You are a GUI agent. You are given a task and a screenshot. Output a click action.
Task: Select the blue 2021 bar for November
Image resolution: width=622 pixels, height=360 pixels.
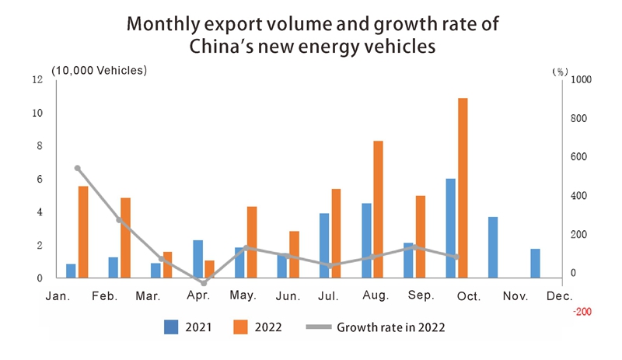[493, 247]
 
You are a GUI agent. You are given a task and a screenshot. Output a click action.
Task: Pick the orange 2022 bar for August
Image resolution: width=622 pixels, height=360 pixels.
[379, 209]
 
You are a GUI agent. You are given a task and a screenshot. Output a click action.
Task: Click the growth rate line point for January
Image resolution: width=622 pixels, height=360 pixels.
[77, 168]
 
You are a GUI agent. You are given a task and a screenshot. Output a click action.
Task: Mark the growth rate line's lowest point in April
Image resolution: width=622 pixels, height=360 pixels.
[204, 283]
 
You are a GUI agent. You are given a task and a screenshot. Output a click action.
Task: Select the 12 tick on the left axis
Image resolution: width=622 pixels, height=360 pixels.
[37, 79]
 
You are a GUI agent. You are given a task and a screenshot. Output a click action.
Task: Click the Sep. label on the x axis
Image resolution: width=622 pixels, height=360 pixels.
[421, 296]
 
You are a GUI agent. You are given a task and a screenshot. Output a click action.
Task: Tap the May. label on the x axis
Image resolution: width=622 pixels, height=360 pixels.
[243, 296]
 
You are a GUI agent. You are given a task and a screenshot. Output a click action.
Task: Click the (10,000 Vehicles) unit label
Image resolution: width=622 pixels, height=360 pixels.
[99, 70]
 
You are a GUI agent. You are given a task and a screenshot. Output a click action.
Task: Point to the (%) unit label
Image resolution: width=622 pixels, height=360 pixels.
[560, 71]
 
